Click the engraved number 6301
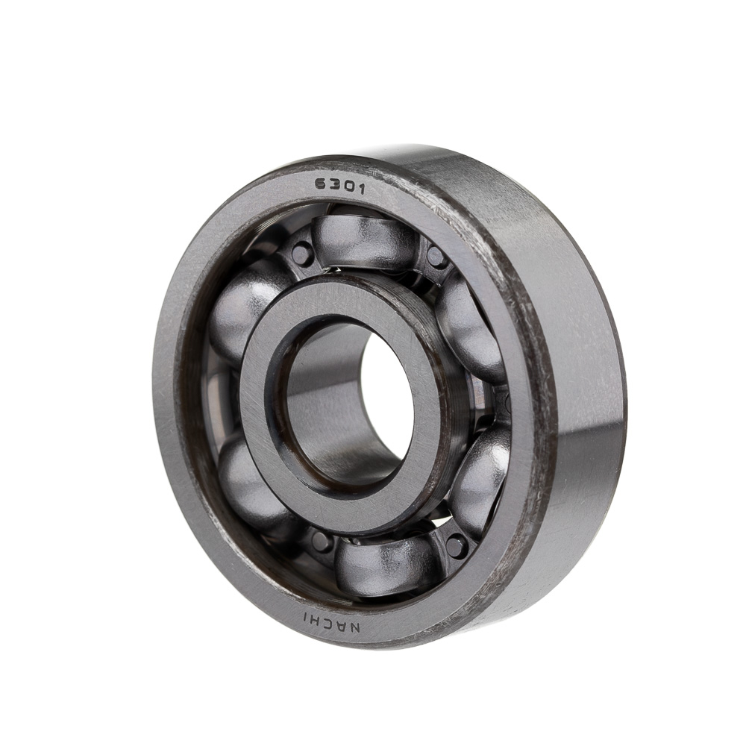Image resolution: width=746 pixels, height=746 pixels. tap(339, 186)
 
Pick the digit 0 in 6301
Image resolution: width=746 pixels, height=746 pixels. tap(348, 187)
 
